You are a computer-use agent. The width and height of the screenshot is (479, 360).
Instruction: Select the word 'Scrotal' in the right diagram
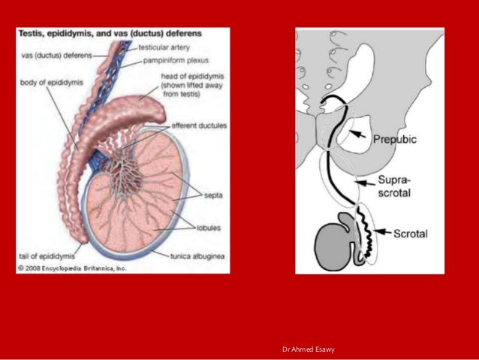coord(411,234)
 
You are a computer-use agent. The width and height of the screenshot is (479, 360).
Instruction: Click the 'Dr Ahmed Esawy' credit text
coord(309,349)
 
